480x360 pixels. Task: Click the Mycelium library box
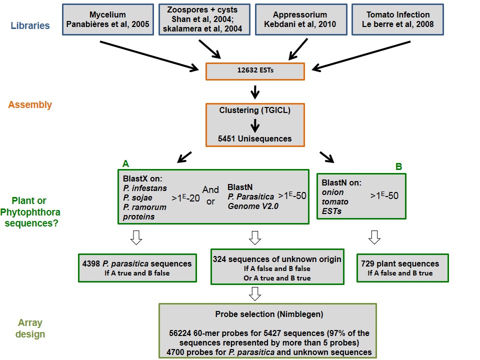pos(108,19)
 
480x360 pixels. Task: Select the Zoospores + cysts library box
pos(204,19)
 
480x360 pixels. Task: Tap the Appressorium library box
pos(301,19)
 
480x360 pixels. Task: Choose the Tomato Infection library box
pos(397,19)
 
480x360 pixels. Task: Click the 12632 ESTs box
pos(255,71)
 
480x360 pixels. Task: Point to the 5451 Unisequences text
pos(254,138)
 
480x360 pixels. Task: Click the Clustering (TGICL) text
pos(254,110)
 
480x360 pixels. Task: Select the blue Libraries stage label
pos(30,25)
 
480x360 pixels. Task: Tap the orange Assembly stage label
pos(30,104)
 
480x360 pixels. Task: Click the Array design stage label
pos(30,328)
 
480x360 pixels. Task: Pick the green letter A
pos(125,164)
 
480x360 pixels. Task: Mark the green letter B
pos(398,166)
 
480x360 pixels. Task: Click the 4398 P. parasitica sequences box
pos(137,268)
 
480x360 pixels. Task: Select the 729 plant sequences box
pos(402,268)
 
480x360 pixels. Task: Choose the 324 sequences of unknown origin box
pos(277,266)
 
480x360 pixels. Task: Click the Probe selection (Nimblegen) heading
pos(269,314)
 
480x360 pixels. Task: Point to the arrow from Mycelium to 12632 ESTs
pos(149,55)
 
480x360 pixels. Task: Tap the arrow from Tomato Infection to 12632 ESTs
pos(361,56)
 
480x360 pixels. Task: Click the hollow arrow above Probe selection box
pos(254,294)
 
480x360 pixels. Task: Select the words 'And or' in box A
pos(210,195)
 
